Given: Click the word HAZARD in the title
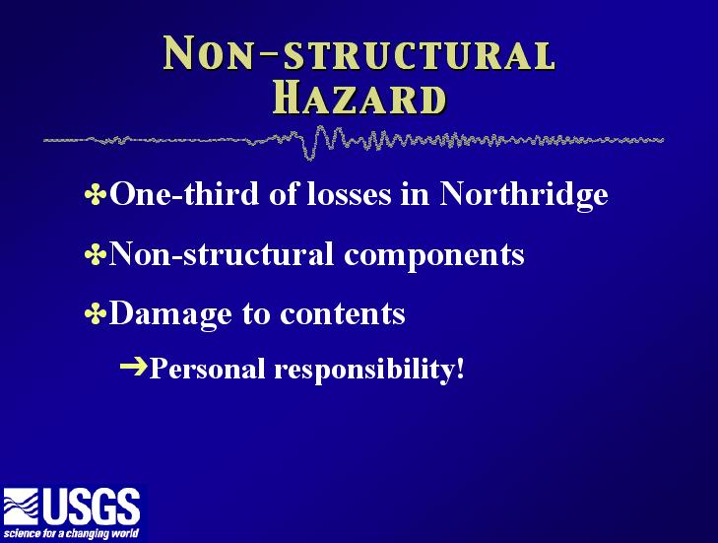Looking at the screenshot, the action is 359,99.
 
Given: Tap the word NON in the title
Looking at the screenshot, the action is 209,53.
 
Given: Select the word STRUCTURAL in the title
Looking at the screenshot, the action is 420,56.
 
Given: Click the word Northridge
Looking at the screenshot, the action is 524,194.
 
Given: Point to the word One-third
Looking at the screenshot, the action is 184,193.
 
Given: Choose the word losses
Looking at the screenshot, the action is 350,194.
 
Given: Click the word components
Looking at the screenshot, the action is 434,255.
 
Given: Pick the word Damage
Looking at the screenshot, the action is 170,315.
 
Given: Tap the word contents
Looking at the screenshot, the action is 343,314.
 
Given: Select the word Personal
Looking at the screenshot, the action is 208,368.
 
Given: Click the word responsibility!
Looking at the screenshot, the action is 369,370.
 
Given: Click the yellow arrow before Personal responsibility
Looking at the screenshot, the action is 134,367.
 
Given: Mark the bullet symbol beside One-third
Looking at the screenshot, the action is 96,194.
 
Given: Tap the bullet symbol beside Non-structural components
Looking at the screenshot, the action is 96,254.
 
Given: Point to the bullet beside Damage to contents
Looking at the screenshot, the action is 96,314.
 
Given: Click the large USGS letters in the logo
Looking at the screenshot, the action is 92,507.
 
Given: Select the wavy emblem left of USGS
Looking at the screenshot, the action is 21,507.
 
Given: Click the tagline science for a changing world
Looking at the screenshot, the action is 71,534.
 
